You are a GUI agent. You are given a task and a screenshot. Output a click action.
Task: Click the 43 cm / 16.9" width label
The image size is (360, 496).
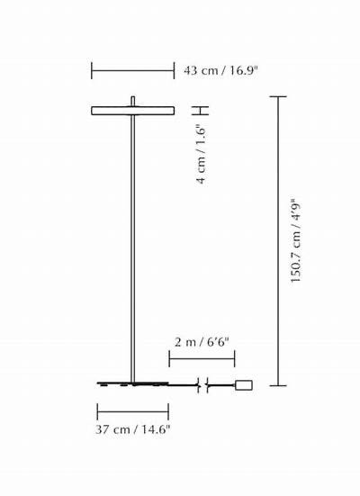click(x=220, y=70)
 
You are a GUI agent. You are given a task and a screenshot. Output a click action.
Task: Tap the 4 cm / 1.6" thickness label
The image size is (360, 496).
click(x=201, y=154)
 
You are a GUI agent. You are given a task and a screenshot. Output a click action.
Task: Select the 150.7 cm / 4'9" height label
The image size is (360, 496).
click(x=296, y=240)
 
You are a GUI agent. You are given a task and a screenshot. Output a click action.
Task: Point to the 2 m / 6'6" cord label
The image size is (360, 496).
click(x=202, y=342)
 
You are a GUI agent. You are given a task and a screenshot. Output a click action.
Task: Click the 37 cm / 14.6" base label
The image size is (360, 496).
click(x=133, y=429)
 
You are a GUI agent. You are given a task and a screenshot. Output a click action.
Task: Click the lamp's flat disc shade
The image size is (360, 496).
click(x=133, y=111)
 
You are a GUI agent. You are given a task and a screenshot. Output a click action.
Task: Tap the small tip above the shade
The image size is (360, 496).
click(x=133, y=101)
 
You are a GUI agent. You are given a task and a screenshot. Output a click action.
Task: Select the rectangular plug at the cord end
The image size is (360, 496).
click(x=244, y=385)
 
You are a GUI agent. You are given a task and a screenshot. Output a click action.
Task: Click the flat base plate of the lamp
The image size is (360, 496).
click(x=133, y=384)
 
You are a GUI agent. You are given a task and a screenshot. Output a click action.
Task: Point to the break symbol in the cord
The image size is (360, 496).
click(x=202, y=385)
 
